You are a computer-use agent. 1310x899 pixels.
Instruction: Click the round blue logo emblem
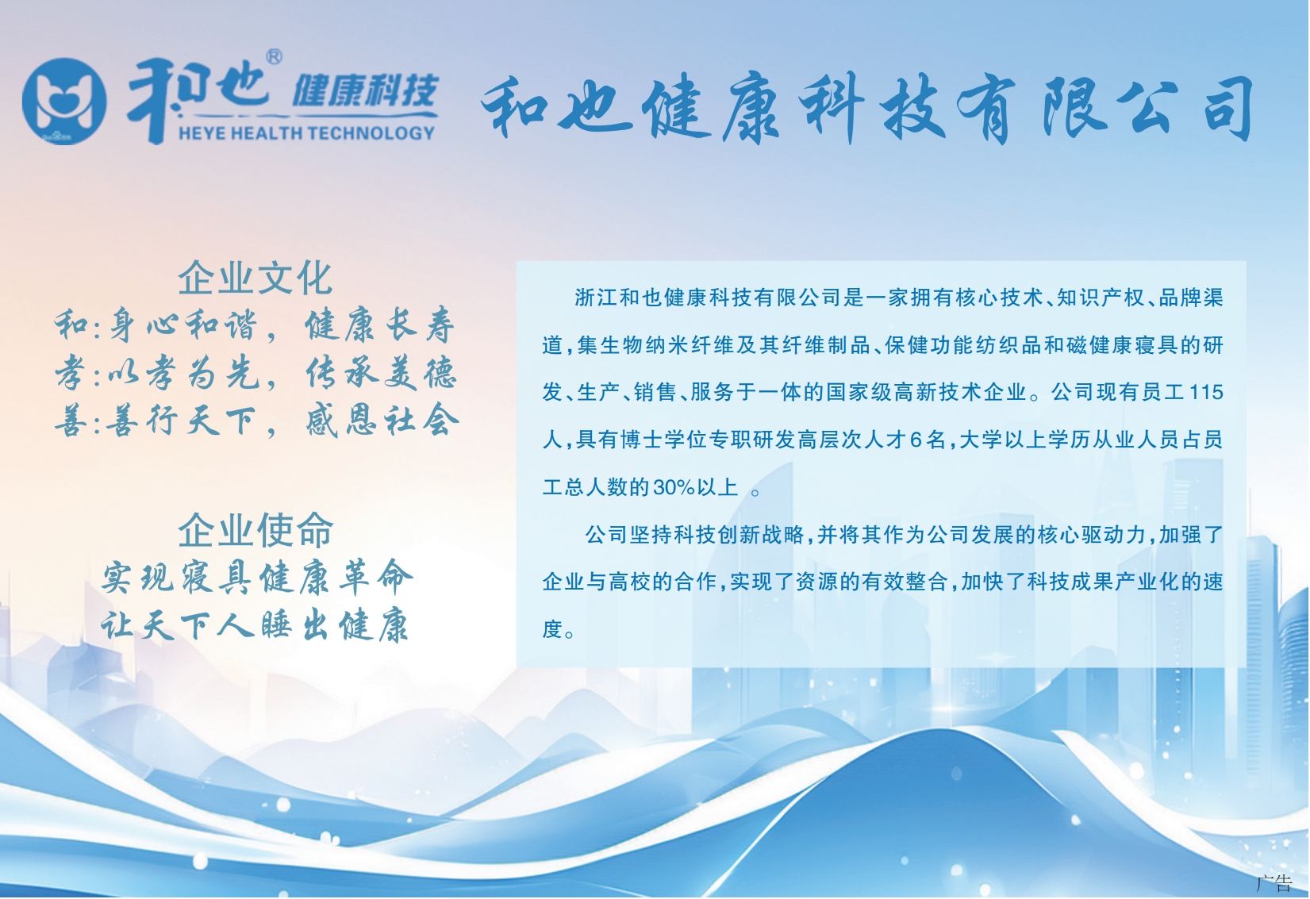64,102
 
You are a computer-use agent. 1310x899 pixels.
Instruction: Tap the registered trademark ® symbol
274,57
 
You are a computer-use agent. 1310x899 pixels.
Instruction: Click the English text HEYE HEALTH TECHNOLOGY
306,133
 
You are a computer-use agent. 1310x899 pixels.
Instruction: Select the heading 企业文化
255,278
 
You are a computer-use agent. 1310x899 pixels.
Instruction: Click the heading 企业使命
255,530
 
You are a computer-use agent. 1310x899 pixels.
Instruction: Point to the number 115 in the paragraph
1206,391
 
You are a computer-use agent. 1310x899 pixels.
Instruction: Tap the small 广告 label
1274,882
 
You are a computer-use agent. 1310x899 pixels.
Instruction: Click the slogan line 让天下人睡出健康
255,625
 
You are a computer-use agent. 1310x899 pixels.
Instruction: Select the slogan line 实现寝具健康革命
257,578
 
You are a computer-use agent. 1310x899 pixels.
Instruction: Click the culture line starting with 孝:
255,373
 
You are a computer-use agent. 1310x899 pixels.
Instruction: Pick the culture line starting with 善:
256,421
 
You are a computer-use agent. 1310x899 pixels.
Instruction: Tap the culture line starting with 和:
255,325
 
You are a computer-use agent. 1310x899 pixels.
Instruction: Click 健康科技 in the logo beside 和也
365,90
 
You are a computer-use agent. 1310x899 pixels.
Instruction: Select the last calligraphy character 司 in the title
1227,108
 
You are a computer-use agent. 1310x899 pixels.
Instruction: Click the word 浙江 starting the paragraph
597,297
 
